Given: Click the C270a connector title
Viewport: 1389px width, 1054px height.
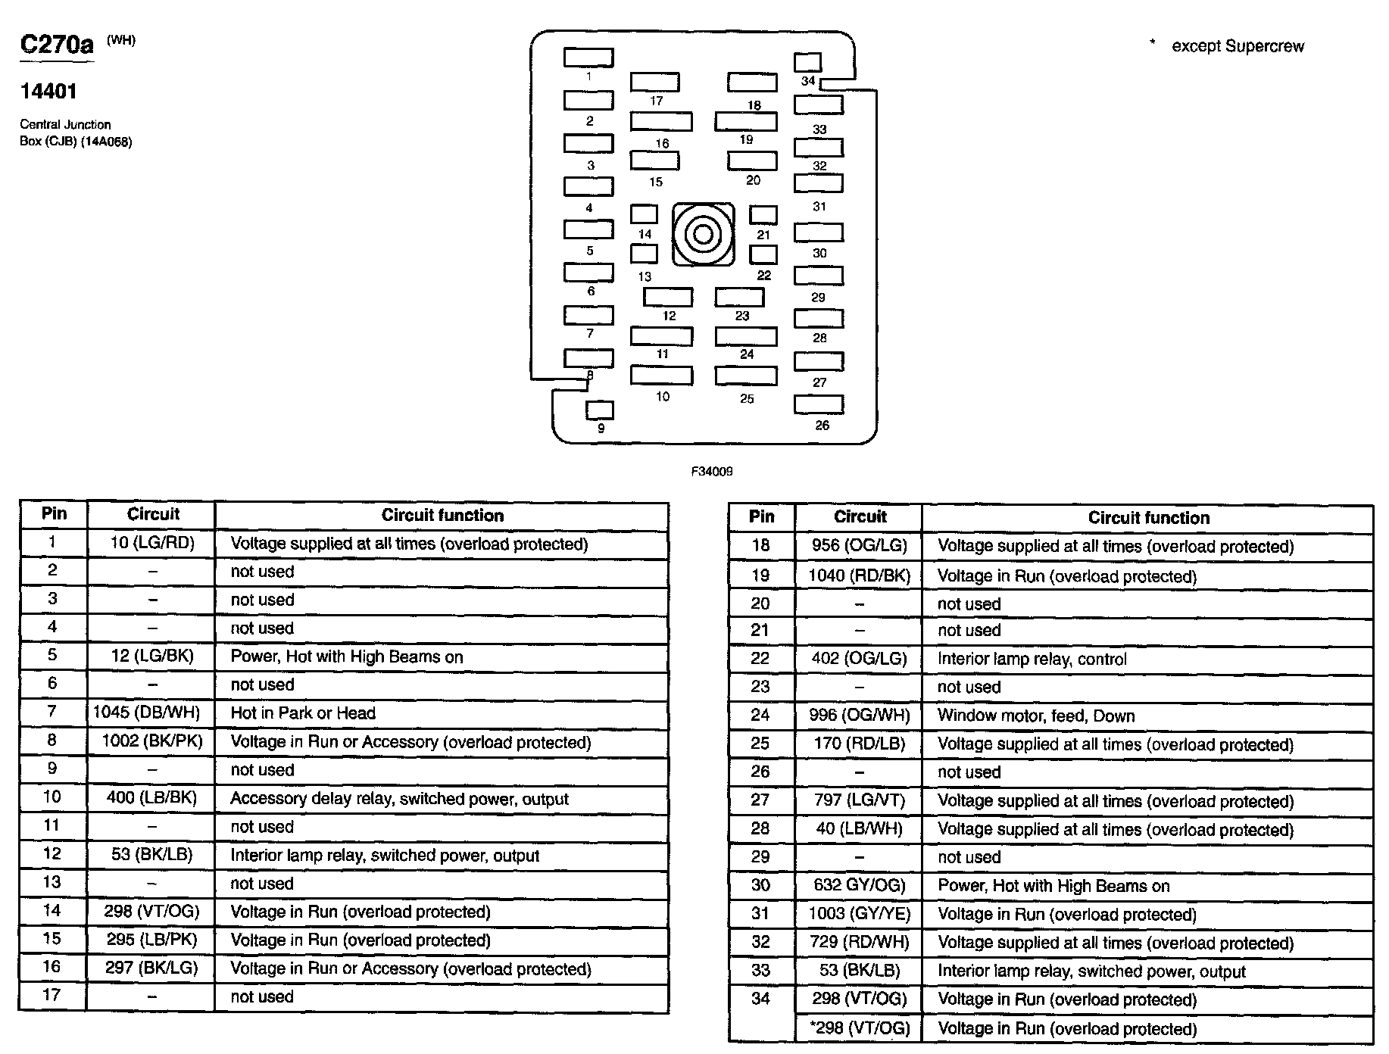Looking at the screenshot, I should coord(57,45).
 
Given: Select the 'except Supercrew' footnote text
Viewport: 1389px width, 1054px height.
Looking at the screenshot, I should coord(1238,46).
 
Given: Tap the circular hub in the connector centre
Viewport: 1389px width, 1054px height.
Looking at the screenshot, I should coord(703,234).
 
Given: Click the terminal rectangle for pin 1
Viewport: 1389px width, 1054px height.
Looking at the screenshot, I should coord(588,58).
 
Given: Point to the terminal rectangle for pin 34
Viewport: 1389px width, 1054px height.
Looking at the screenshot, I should coord(807,62).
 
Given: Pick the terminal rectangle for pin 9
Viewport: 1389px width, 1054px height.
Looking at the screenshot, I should coord(600,410).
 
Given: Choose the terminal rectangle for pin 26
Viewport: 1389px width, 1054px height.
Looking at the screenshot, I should coord(818,404).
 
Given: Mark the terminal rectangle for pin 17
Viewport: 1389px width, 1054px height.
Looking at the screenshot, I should coord(654,82).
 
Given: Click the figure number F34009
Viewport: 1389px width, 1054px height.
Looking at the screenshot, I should coord(712,471).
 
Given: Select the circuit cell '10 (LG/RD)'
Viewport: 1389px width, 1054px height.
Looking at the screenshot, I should coord(151,543).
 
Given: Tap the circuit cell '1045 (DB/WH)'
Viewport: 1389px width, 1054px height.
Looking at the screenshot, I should coord(147,713).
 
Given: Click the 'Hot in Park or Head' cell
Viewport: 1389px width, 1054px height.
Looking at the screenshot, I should coord(303,713).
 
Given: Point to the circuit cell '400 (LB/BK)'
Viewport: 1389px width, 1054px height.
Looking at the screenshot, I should coord(151,797).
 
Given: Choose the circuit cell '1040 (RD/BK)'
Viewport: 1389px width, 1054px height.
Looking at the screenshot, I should coord(859,575).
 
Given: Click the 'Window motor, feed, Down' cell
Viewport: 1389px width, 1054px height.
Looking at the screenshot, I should coord(1035,716).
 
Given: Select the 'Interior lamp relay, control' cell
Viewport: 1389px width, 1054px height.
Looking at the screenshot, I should coord(1032,659).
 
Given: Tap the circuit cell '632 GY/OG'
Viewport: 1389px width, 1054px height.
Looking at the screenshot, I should coord(859,885).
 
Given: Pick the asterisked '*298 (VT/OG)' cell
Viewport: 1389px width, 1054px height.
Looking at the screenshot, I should coord(859,1027).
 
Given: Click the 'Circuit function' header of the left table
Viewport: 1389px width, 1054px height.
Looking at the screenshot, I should coord(442,516).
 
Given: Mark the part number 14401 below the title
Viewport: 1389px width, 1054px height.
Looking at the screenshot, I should coord(48,92).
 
